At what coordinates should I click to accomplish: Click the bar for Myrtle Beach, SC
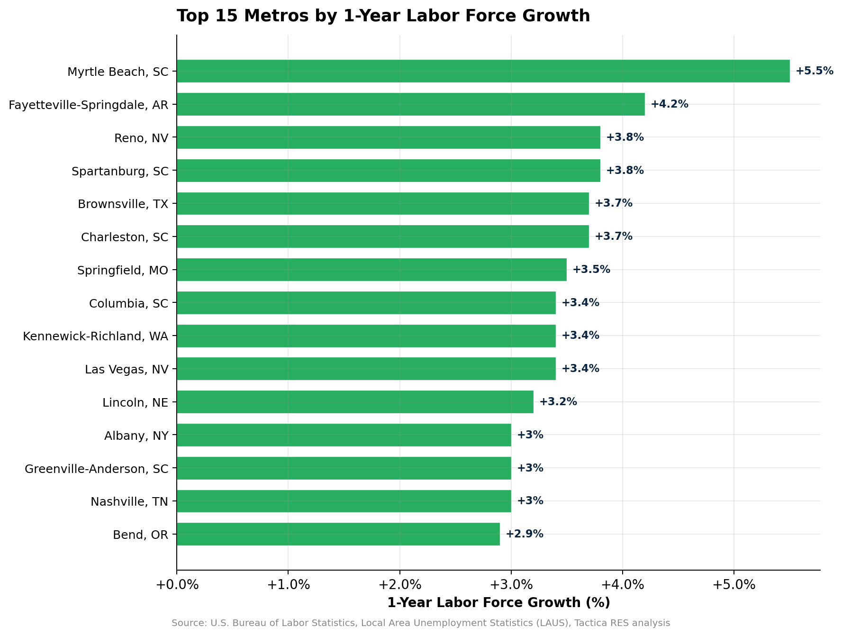coord(483,71)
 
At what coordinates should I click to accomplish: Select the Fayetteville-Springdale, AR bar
coord(410,104)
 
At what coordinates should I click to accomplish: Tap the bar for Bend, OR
coord(338,534)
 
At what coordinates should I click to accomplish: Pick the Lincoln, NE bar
coord(355,402)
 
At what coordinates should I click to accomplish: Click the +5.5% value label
coord(814,71)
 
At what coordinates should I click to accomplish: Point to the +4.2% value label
coord(669,104)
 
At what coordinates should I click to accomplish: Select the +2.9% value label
coord(524,534)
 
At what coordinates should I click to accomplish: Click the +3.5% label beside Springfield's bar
coord(591,270)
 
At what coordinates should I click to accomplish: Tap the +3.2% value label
coord(558,402)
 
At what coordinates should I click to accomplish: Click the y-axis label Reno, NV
coord(141,138)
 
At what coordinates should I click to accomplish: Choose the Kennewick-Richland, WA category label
coord(95,336)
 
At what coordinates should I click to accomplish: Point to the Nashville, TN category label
coord(129,501)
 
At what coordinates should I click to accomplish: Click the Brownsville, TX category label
coord(123,204)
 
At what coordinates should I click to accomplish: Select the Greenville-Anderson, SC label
coord(96,469)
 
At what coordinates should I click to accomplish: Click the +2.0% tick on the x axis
coord(399,585)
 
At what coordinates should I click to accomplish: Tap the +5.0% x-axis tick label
coord(733,585)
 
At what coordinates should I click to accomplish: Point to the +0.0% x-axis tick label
coord(177,585)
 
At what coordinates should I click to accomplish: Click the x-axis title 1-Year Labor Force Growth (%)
coord(498,603)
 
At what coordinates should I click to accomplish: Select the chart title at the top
coord(383,16)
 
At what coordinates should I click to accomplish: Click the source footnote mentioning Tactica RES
coord(421,623)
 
